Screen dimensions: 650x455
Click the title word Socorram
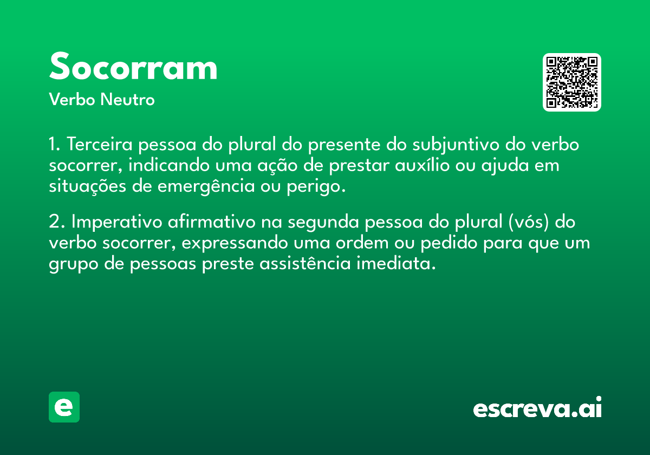133,67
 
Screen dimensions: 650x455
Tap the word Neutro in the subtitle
127,100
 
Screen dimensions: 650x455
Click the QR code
571,82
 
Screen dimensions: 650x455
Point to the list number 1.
54,144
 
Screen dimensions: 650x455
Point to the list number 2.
56,222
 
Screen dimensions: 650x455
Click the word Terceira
100,144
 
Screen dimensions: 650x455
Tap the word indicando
169,165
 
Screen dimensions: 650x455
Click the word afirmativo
212,222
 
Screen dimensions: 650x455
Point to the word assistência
305,263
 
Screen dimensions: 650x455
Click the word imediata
396,263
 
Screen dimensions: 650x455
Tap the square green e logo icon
64,407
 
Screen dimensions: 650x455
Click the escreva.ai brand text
537,407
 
